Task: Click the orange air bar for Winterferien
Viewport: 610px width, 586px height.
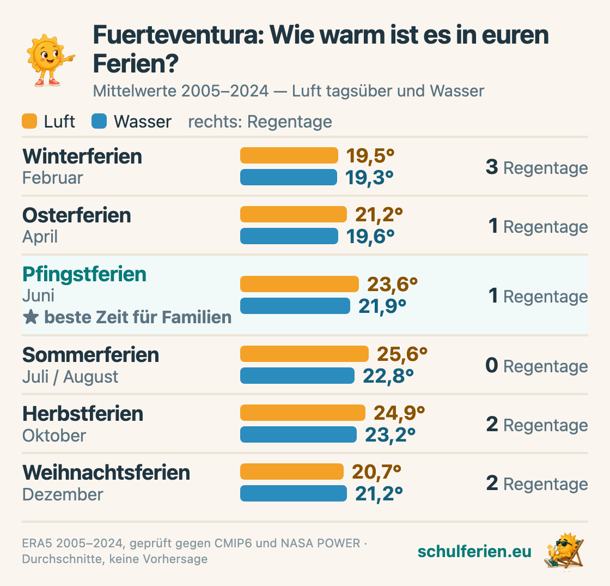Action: pos(289,155)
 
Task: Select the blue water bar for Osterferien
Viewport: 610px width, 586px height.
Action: pos(289,236)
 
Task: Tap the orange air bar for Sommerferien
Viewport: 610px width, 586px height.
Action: pos(304,354)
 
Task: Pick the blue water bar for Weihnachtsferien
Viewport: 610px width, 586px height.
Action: pos(294,493)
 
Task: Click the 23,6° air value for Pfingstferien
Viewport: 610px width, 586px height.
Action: pos(392,284)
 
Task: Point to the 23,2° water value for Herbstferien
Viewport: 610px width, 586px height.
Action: pos(390,434)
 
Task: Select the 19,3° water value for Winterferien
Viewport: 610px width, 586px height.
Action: pos(369,178)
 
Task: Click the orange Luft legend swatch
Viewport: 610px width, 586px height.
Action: pos(29,121)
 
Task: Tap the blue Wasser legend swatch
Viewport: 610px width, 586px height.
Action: pos(99,121)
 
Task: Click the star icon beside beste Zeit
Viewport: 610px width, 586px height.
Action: pos(30,317)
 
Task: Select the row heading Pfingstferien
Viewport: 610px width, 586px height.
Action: pos(84,274)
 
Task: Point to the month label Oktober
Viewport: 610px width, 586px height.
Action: pos(54,436)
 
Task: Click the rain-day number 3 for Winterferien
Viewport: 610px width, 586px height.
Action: pos(492,167)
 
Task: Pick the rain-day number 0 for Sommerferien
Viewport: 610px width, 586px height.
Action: pos(492,365)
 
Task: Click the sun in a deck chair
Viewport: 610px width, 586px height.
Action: pos(564,551)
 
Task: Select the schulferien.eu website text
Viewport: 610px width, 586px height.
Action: pos(474,551)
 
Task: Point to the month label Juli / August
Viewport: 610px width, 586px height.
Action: pos(70,377)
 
